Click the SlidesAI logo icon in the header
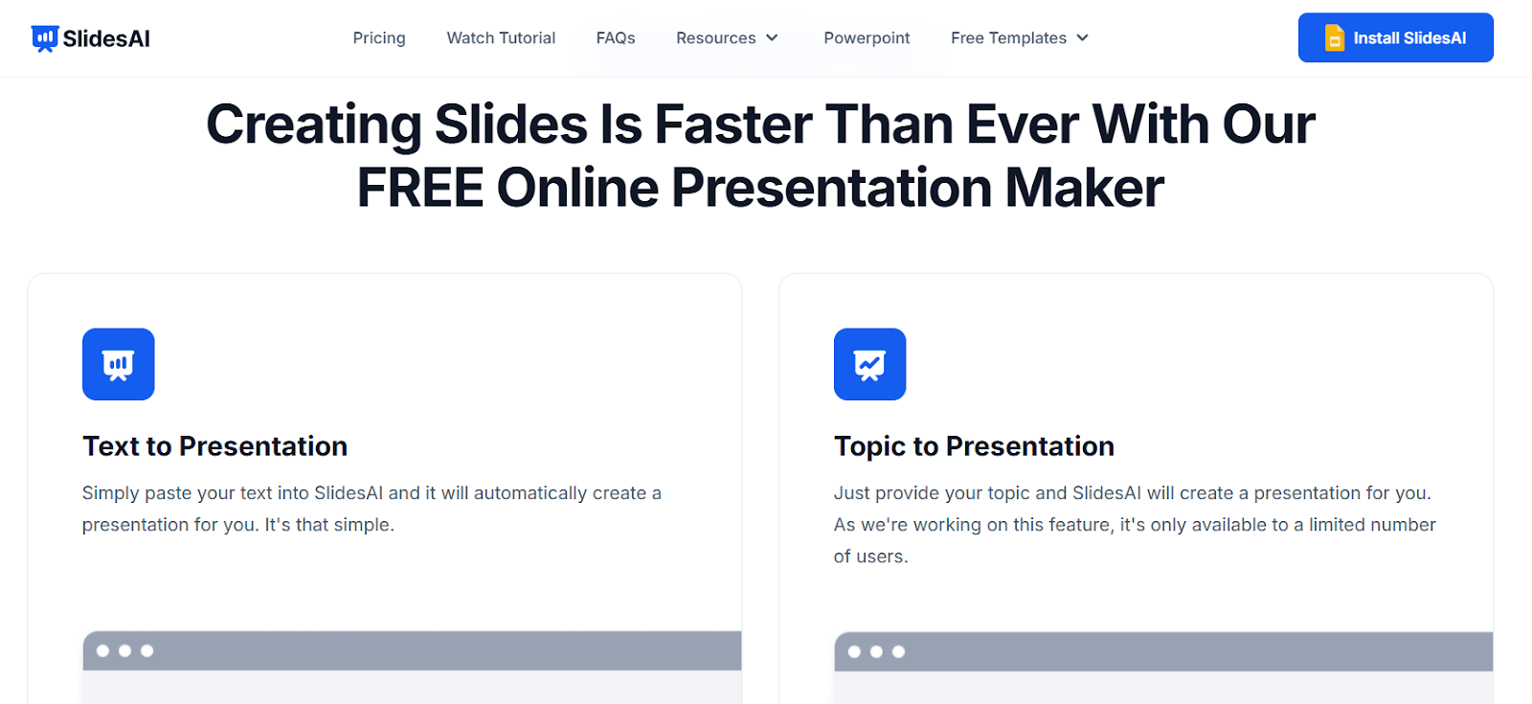pos(45,38)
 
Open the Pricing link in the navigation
pos(379,38)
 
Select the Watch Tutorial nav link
pos(501,38)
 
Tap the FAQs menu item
pos(616,38)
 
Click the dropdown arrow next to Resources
pos(772,38)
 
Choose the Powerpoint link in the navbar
pos(867,38)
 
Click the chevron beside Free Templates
pos(1083,38)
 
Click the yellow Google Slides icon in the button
pos(1335,37)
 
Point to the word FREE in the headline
pos(420,188)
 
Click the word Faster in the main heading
pos(733,125)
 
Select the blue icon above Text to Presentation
pos(119,364)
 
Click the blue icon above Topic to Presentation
pos(870,364)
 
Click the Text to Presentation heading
pos(214,446)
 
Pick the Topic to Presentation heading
pos(974,446)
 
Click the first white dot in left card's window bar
pos(102,650)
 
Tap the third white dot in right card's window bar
pos(899,651)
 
